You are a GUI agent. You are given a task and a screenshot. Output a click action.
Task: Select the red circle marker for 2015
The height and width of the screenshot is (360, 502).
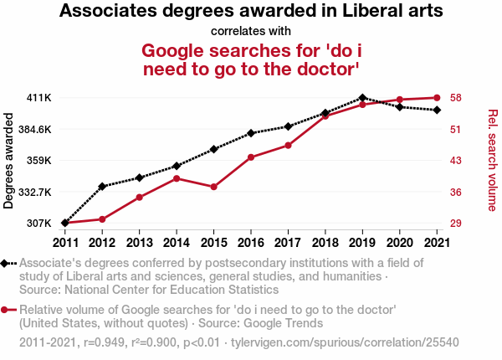pyautogui.click(x=213, y=187)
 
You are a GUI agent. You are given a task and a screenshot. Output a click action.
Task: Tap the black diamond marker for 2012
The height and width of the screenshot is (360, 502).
pyautogui.click(x=102, y=186)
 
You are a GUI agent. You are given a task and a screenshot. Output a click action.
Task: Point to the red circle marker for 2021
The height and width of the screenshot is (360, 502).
pyautogui.click(x=436, y=98)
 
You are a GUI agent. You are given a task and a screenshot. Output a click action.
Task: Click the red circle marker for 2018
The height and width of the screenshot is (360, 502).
pyautogui.click(x=325, y=116)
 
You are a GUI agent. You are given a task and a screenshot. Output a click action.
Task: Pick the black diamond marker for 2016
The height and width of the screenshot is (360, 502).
pyautogui.click(x=250, y=133)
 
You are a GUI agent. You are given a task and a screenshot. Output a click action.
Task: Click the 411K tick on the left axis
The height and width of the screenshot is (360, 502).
pyautogui.click(x=40, y=98)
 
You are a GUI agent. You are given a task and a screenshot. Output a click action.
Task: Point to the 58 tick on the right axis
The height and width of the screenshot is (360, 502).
pyautogui.click(x=455, y=98)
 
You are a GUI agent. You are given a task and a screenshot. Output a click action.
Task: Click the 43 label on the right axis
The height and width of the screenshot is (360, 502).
pyautogui.click(x=455, y=161)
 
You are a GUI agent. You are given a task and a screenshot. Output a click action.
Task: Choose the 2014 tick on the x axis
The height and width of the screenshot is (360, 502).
pyautogui.click(x=176, y=242)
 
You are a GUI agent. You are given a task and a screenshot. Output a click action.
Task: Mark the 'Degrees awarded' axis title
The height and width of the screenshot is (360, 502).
pyautogui.click(x=10, y=161)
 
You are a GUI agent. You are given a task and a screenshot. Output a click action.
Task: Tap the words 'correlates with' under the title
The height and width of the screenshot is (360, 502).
pyautogui.click(x=251, y=32)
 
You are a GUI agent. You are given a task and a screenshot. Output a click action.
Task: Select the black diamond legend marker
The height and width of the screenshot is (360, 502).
pyautogui.click(x=7, y=264)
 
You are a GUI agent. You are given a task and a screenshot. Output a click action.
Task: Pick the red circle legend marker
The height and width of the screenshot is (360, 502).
pyautogui.click(x=7, y=310)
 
